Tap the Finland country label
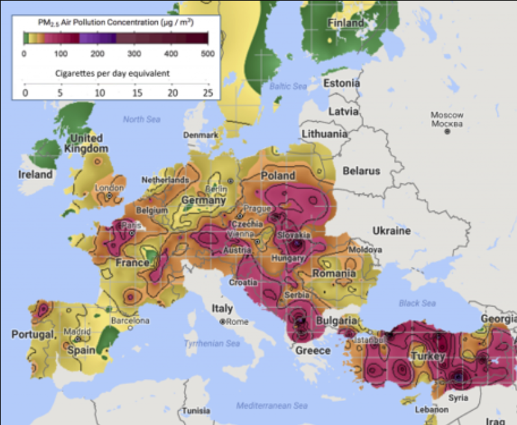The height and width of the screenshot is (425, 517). (346, 23)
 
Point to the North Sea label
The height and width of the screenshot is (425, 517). (141, 119)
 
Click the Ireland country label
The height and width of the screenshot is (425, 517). (35, 174)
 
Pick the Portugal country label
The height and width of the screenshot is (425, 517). (32, 334)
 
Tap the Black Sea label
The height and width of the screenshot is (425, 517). (418, 303)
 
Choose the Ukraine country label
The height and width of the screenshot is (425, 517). (391, 231)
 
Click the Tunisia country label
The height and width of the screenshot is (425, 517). (195, 411)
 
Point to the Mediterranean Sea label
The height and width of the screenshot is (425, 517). (271, 406)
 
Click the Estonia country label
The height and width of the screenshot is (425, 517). (341, 83)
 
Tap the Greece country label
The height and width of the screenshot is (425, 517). (313, 350)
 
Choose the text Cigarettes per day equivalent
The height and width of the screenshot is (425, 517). (111, 73)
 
